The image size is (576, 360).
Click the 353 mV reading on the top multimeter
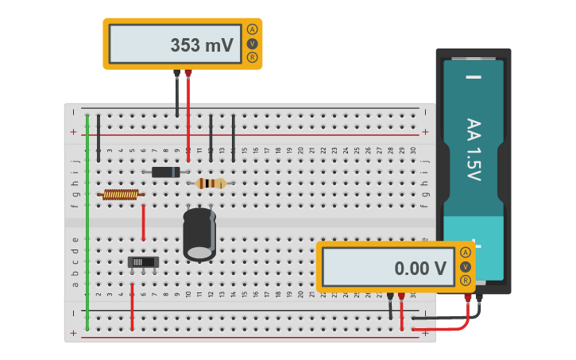pyautogui.click(x=202, y=45)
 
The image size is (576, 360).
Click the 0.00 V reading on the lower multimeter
pyautogui.click(x=420, y=269)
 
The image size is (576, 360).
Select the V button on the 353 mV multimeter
pyautogui.click(x=252, y=44)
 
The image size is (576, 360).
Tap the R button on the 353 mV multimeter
pyautogui.click(x=252, y=57)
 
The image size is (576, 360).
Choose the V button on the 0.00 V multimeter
pyautogui.click(x=465, y=266)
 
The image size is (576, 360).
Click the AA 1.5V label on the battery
pyautogui.click(x=474, y=149)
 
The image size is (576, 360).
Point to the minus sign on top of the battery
pyautogui.click(x=474, y=77)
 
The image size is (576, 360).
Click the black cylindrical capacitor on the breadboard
pyautogui.click(x=199, y=234)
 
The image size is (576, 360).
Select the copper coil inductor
pyautogui.click(x=121, y=194)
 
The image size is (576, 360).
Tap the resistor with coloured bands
pyautogui.click(x=211, y=184)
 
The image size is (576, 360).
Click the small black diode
pyautogui.click(x=166, y=172)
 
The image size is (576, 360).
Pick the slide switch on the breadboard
pyautogui.click(x=143, y=261)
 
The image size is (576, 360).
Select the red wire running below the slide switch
pyautogui.click(x=132, y=306)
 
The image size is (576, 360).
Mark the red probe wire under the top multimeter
pyautogui.click(x=188, y=111)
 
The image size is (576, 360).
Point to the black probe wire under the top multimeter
pyautogui.click(x=177, y=95)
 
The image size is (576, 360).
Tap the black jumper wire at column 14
pyautogui.click(x=233, y=137)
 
